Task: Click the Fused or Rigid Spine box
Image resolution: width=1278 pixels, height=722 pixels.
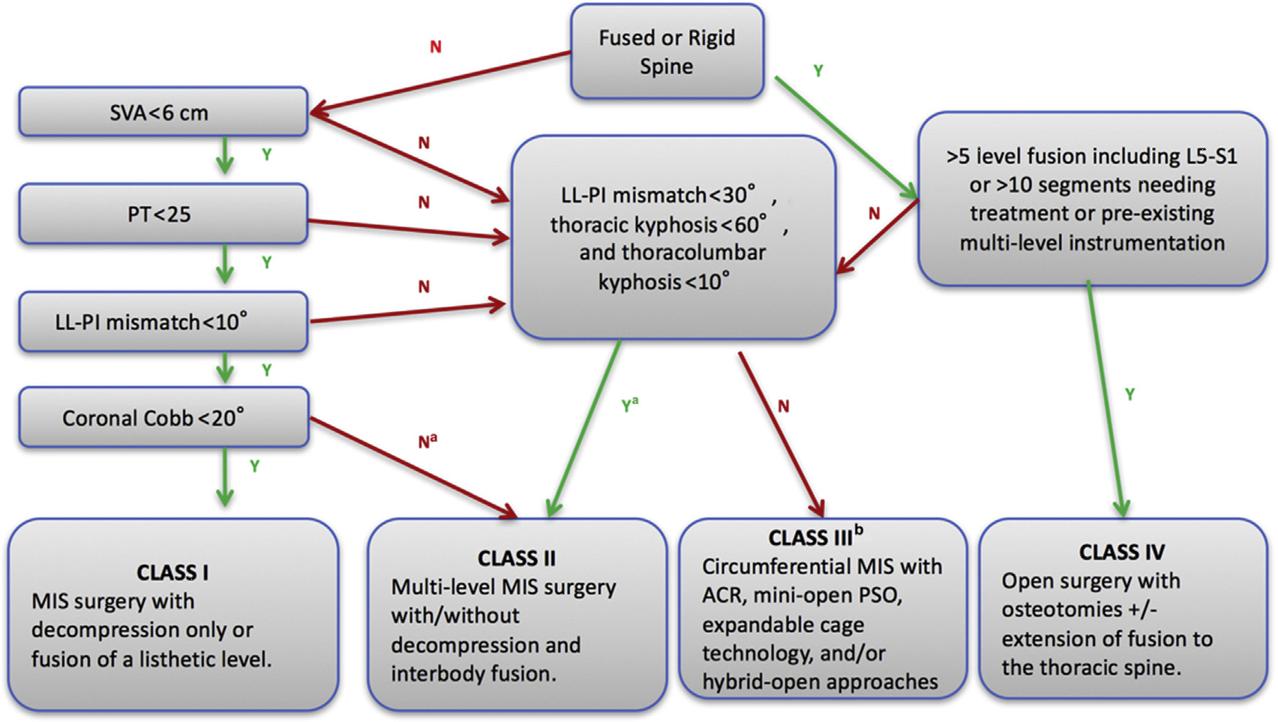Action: coord(667,52)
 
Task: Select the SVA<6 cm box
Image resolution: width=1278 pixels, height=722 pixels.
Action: coord(163,112)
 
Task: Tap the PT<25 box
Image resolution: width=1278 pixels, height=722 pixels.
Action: coord(163,214)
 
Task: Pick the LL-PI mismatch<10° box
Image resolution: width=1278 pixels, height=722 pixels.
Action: coord(163,322)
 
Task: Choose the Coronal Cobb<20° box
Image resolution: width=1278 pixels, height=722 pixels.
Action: coord(163,418)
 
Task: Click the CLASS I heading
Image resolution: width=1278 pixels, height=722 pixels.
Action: coord(172,573)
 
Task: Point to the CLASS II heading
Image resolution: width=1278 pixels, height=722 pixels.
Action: coord(517,559)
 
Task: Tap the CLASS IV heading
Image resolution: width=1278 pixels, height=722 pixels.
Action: coord(1122,553)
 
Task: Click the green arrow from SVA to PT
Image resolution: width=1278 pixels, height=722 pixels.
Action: coord(224,155)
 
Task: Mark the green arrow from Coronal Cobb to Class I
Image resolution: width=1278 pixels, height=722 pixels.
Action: coord(224,477)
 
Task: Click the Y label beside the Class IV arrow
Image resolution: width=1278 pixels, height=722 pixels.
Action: coord(1129,394)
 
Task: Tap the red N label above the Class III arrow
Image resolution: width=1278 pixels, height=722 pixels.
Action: coord(783,406)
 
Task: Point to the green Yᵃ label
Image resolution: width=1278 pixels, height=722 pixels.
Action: coord(629,406)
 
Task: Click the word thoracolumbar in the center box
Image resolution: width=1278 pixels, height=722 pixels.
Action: coord(672,253)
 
